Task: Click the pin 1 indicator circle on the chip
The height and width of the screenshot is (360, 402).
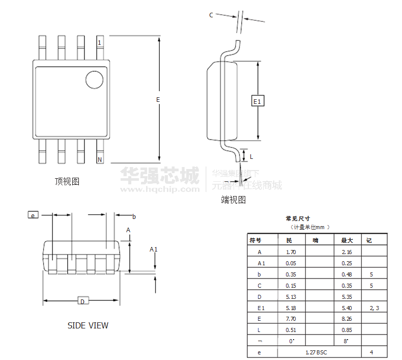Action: tap(94, 79)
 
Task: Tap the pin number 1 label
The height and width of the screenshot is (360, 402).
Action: tap(99, 42)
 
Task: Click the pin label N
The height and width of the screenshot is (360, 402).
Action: tap(100, 160)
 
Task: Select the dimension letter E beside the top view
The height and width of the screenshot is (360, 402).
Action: tap(158, 99)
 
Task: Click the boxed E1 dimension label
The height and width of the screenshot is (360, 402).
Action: tap(257, 101)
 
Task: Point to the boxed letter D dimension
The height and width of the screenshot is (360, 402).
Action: tap(82, 301)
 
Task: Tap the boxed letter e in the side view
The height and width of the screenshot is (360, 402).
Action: tap(33, 215)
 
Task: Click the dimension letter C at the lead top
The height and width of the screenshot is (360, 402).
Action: tap(211, 15)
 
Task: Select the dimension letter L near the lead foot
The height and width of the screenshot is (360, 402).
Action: tap(251, 156)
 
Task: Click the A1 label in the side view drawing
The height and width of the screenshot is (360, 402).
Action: tap(153, 249)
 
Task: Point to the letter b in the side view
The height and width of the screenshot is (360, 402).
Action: tap(134, 216)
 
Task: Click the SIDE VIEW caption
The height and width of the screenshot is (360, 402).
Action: tap(88, 325)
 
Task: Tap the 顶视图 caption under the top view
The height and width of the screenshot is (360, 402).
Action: tap(67, 181)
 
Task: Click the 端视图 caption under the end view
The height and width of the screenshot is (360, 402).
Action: tap(233, 200)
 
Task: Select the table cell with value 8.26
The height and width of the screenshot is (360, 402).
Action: tap(347, 318)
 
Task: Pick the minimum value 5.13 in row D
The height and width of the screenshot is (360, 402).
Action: tap(291, 296)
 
